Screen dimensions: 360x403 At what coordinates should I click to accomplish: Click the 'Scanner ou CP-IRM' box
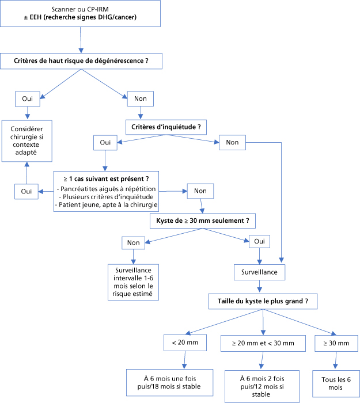(80, 13)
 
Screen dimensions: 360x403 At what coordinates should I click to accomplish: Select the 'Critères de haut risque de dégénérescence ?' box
(81, 61)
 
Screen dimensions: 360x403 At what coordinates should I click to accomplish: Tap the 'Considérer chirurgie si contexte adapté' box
(27, 141)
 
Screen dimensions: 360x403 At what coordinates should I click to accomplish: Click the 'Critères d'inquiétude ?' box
(166, 127)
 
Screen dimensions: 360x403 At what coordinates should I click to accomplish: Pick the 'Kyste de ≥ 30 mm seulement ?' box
(203, 220)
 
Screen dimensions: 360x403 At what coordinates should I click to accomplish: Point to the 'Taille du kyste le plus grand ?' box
(263, 301)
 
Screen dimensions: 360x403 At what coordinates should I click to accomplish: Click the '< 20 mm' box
(185, 343)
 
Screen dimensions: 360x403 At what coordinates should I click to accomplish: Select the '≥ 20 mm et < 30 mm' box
(263, 343)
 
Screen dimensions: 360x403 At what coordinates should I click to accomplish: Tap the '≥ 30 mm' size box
(336, 343)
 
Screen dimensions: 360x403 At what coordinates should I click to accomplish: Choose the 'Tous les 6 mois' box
(336, 383)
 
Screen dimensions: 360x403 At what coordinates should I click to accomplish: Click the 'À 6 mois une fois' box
(170, 382)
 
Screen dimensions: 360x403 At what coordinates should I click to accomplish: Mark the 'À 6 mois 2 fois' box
(262, 386)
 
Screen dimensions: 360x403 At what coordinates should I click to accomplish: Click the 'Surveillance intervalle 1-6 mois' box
(133, 282)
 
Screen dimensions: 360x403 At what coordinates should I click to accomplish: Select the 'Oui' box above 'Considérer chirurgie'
(28, 99)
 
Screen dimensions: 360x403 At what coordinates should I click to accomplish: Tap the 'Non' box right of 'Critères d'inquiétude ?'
(232, 142)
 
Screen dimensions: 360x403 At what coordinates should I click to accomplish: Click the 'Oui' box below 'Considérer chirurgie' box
(26, 192)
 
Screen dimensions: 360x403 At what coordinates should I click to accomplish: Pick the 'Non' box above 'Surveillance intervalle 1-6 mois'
(133, 243)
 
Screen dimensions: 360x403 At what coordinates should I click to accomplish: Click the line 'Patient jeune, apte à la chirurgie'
(106, 205)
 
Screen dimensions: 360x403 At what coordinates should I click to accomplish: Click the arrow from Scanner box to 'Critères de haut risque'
(81, 40)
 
